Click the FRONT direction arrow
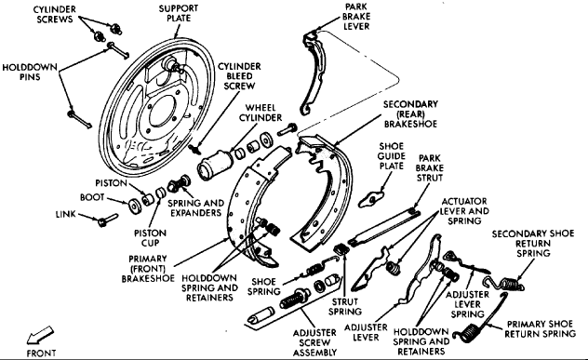tap(40, 335)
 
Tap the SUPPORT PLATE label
tap(179, 13)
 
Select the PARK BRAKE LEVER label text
tap(356, 17)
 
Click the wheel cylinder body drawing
tap(215, 165)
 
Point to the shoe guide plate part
tap(370, 199)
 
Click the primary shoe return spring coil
tap(469, 333)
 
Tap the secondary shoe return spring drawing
tap(505, 284)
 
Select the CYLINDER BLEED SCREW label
tap(239, 76)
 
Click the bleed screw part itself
tap(195, 149)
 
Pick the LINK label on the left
tap(66, 214)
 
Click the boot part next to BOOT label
tap(135, 207)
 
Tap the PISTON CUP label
tap(150, 238)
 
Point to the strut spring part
tap(341, 248)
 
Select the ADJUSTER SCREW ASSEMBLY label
tap(315, 342)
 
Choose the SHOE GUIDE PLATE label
tap(391, 156)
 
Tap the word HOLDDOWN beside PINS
tap(30, 68)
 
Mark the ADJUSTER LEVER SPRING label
tap(467, 304)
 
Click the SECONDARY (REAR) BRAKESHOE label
tap(410, 114)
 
